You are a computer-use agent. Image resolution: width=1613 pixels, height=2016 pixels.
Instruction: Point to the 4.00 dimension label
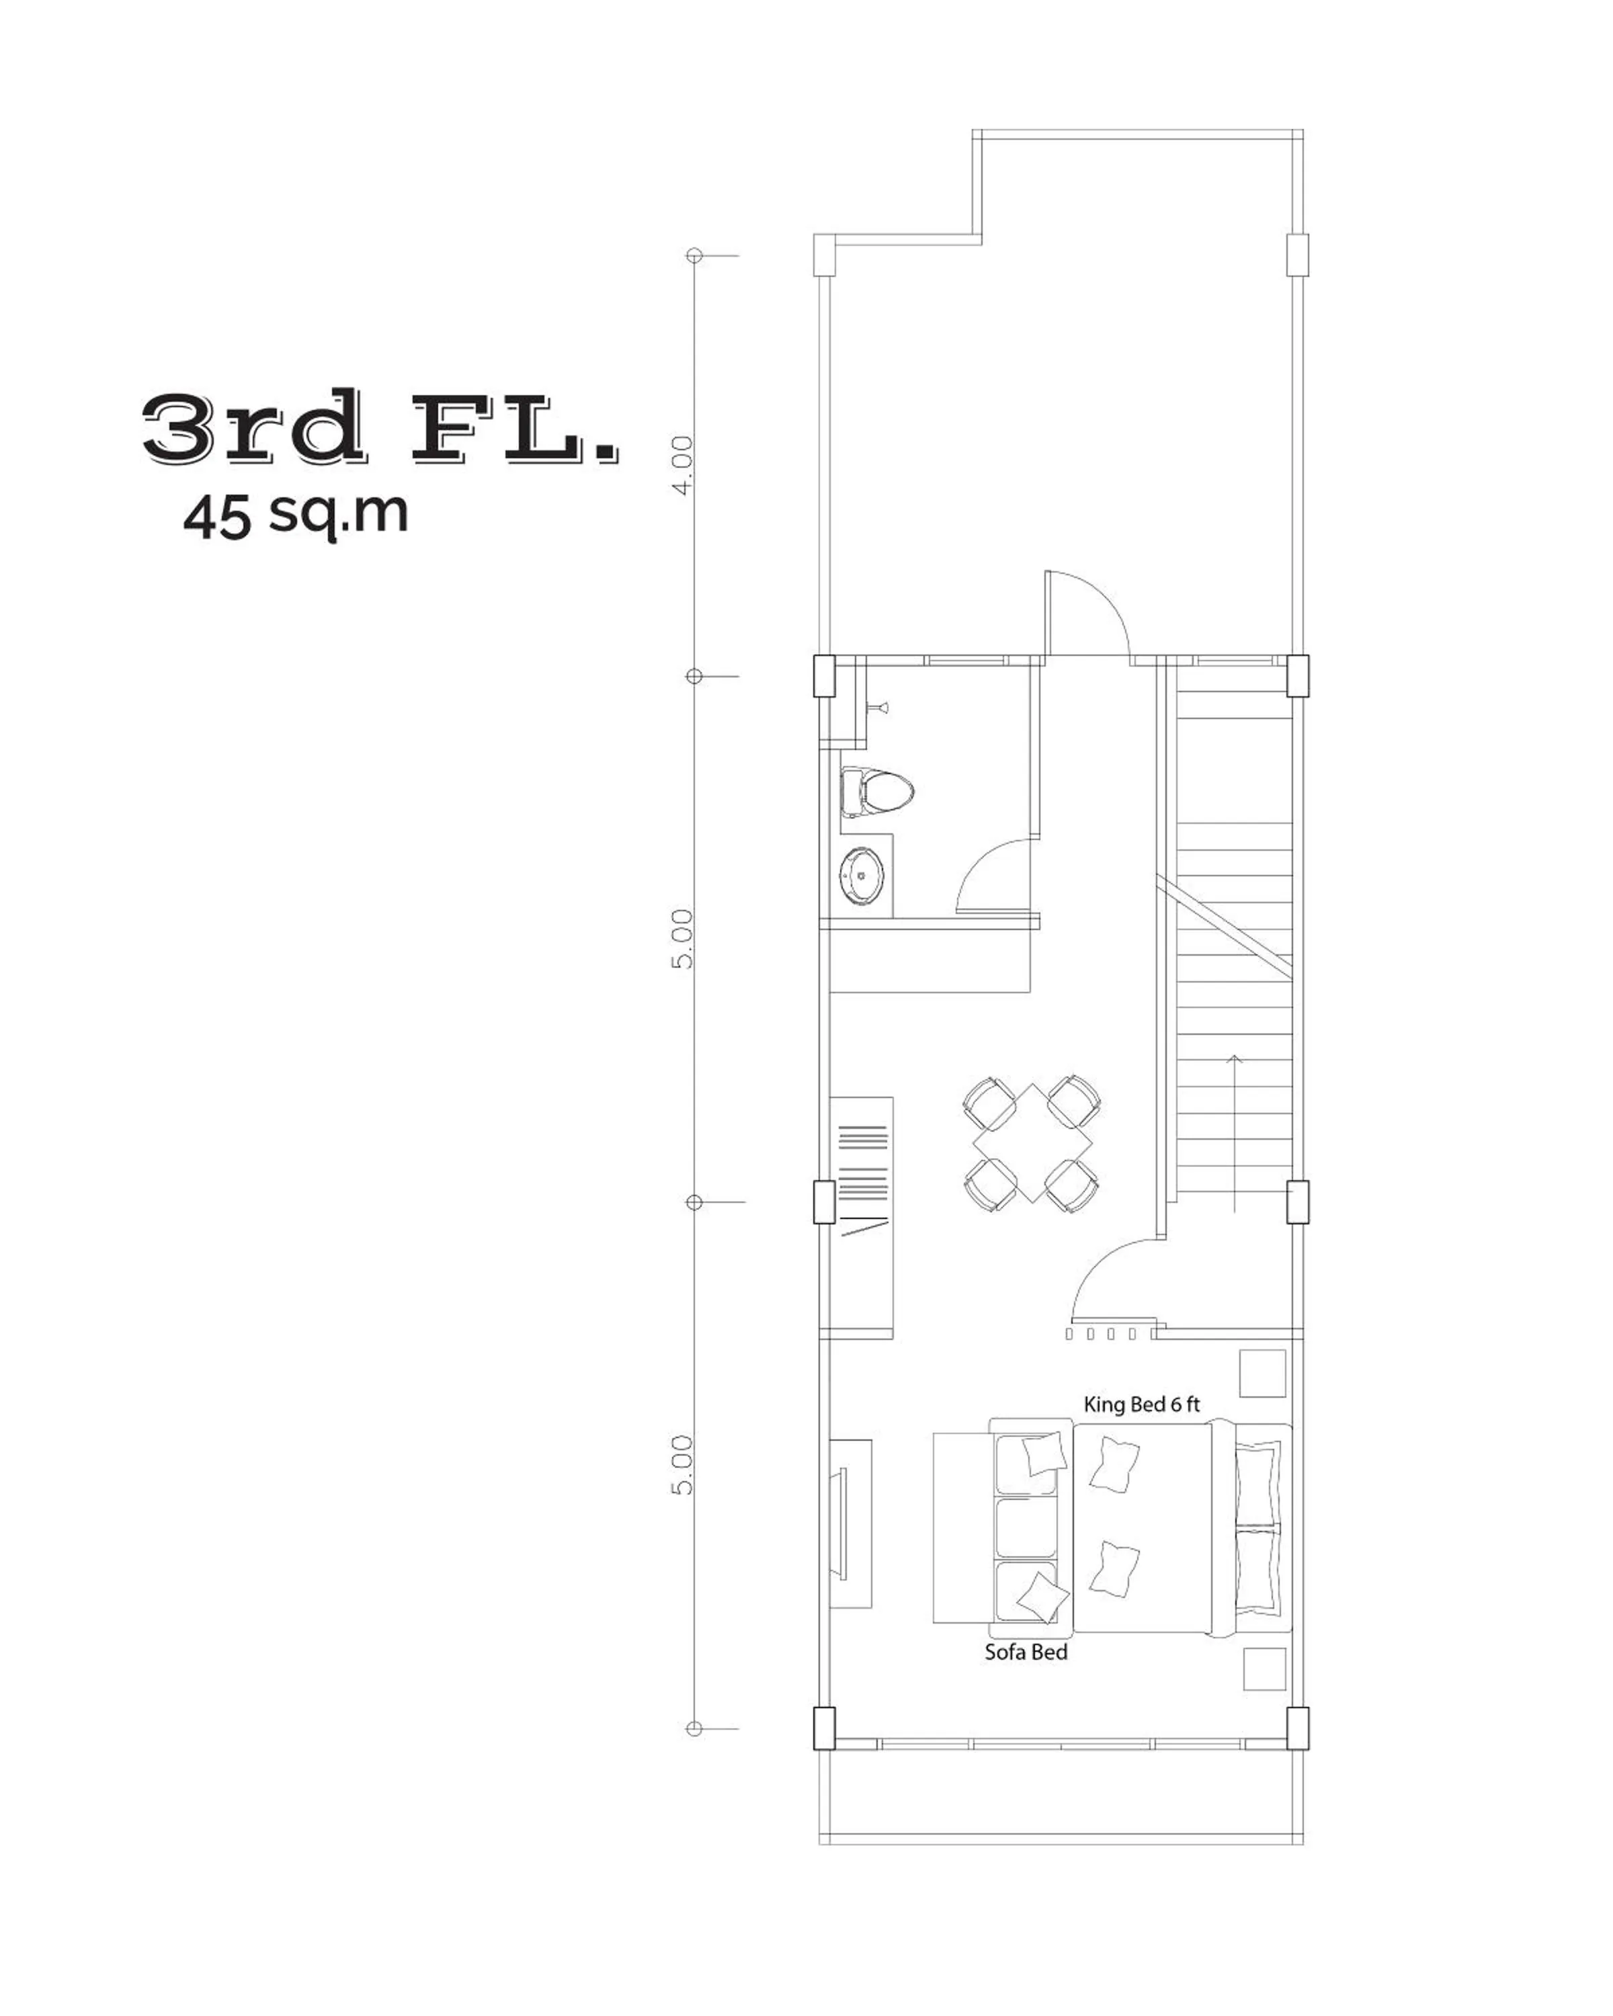click(684, 465)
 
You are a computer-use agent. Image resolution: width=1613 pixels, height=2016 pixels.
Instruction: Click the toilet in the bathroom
click(876, 791)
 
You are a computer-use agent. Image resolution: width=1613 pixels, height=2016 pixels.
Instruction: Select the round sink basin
click(860, 875)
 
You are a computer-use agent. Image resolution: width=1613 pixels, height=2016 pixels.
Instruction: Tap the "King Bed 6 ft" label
click(1141, 1404)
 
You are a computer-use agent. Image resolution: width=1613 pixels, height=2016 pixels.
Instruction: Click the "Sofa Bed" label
click(1025, 1652)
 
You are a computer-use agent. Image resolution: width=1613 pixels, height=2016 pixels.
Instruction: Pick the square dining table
click(1032, 1142)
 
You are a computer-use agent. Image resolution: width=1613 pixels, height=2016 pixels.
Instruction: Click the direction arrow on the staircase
click(1235, 1132)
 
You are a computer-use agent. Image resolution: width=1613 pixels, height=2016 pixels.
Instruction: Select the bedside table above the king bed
click(1262, 1373)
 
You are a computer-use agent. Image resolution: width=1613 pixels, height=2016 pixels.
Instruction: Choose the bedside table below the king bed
click(1264, 1669)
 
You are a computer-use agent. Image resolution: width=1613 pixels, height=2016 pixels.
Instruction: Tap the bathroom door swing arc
click(991, 874)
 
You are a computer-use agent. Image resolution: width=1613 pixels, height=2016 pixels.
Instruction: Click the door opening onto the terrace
click(1087, 612)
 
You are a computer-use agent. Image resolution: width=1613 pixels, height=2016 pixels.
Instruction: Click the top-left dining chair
click(990, 1101)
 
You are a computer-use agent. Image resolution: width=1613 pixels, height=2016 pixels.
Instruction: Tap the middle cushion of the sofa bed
click(1025, 1529)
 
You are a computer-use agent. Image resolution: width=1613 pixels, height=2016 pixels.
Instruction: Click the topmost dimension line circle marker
click(694, 255)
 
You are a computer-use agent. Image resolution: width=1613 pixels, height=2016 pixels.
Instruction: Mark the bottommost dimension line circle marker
click(694, 1729)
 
